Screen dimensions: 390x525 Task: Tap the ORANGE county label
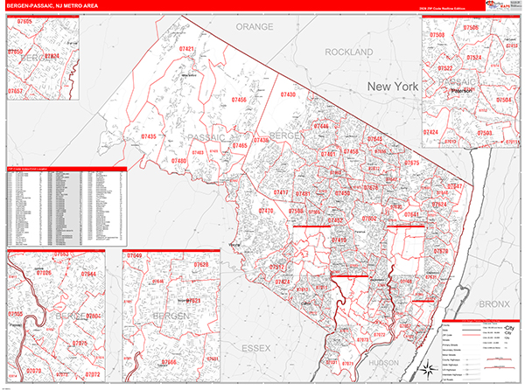[254, 27]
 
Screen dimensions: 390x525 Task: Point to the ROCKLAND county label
[349, 52]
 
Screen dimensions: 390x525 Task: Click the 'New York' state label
[393, 87]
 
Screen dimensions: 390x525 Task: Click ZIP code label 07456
[238, 101]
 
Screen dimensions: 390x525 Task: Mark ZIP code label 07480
[179, 161]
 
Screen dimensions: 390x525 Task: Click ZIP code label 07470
[265, 211]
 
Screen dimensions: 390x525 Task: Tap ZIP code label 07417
[281, 192]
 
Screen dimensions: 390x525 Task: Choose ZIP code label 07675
[410, 164]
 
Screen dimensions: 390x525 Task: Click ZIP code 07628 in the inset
[201, 264]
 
